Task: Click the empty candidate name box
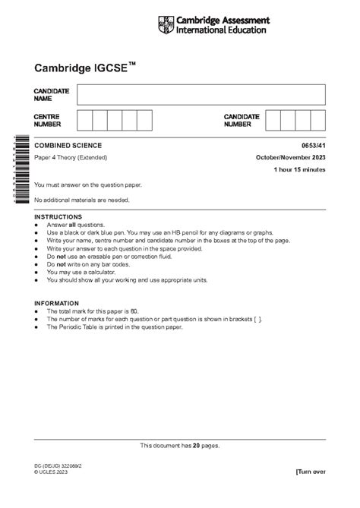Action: tap(201, 94)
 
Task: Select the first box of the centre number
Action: tap(84, 120)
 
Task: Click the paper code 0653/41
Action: tap(314, 145)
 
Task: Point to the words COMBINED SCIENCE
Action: tap(68, 145)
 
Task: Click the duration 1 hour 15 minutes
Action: tap(300, 169)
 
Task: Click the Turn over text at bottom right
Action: tap(310, 472)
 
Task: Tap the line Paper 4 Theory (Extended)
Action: tap(71, 157)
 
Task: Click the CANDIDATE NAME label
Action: tap(52, 95)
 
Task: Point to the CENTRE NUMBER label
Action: tap(48, 120)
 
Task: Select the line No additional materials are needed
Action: tap(82, 200)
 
